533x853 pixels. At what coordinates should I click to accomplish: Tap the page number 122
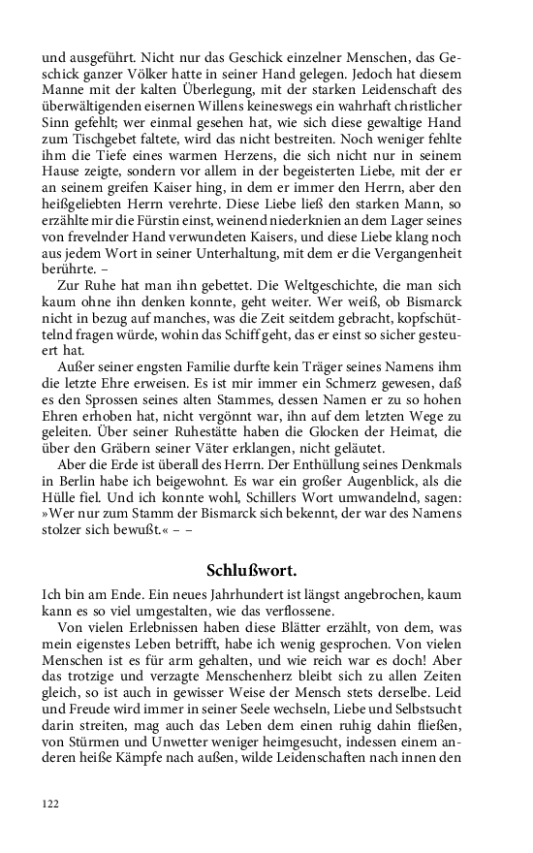click(51, 804)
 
